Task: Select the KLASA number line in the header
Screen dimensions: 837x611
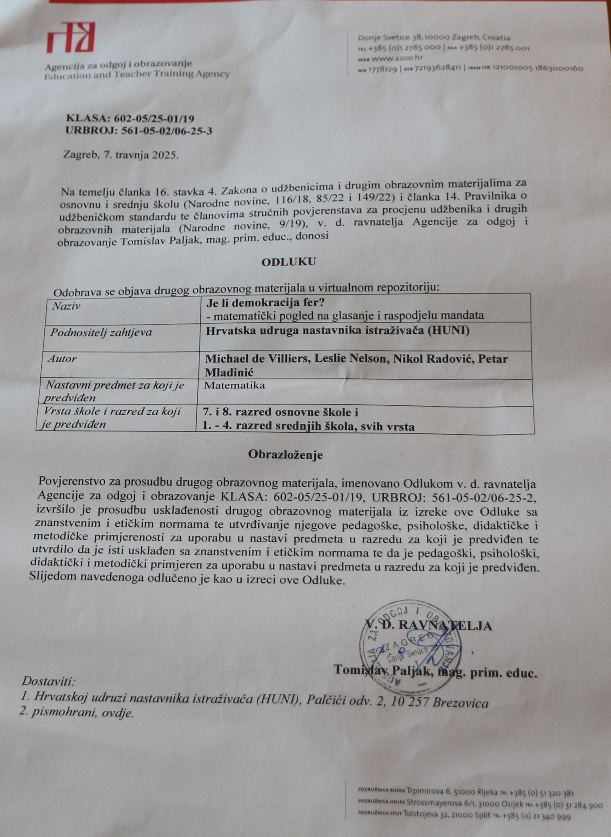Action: (130, 119)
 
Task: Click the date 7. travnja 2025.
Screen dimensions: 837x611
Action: (121, 155)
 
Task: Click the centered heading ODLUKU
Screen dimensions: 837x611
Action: (288, 262)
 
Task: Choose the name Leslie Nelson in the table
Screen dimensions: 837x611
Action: (349, 359)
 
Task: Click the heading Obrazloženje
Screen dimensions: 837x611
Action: (285, 455)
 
